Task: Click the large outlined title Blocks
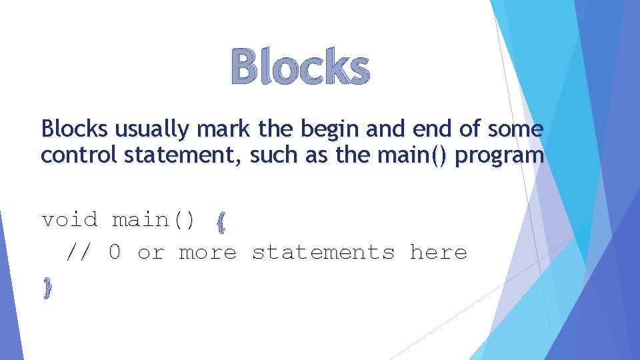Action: [x=300, y=68]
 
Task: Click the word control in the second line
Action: [x=76, y=155]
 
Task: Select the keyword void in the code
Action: [x=69, y=219]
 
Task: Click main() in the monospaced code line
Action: [x=154, y=219]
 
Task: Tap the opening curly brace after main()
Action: [x=221, y=221]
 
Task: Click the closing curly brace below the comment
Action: [x=47, y=288]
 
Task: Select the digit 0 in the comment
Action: [x=115, y=253]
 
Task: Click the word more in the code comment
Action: [x=207, y=253]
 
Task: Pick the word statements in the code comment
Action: [x=323, y=253]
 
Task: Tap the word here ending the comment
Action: [x=438, y=253]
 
